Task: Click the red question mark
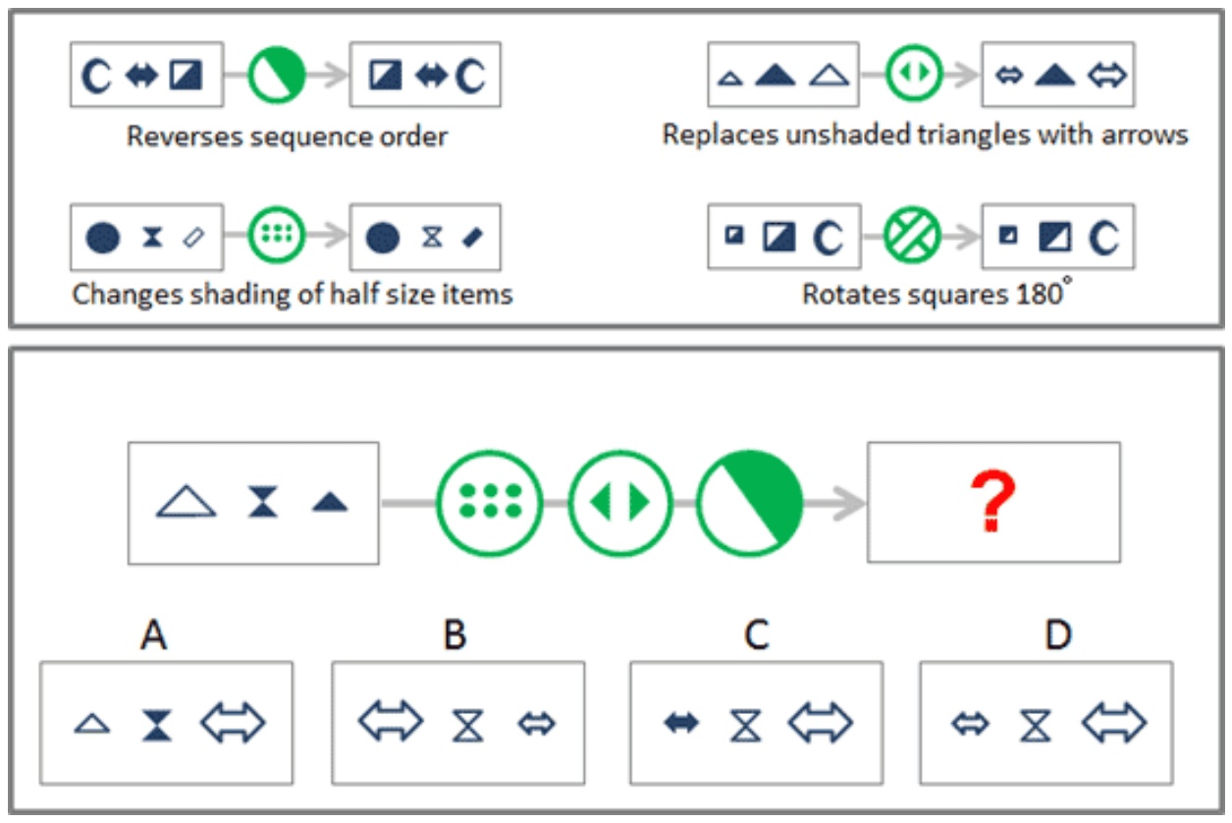pyautogui.click(x=991, y=501)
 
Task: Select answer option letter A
pyautogui.click(x=153, y=634)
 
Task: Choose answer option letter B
pyautogui.click(x=455, y=634)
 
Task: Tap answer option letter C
pyautogui.click(x=756, y=634)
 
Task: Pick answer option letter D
pyautogui.click(x=1057, y=634)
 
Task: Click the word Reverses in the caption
pyautogui.click(x=185, y=136)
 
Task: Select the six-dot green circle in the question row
pyautogui.click(x=490, y=502)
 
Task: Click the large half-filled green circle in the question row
pyautogui.click(x=750, y=503)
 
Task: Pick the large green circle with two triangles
pyautogui.click(x=619, y=502)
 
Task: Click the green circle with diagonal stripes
pyautogui.click(x=912, y=235)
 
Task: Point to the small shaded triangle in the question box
pyautogui.click(x=330, y=502)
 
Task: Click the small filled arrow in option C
pyautogui.click(x=681, y=722)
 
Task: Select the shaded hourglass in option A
pyautogui.click(x=157, y=725)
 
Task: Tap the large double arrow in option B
pyautogui.click(x=391, y=721)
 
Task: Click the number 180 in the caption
pyautogui.click(x=1040, y=294)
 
